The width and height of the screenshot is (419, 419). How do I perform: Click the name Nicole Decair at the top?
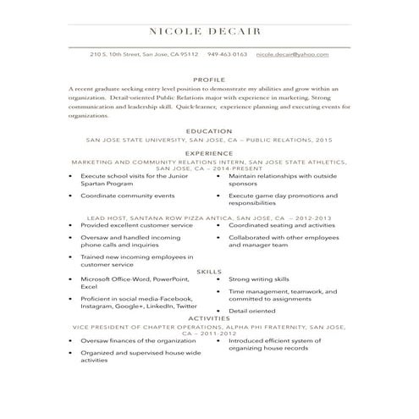coord(209,31)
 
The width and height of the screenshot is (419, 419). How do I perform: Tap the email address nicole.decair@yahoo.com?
coord(292,54)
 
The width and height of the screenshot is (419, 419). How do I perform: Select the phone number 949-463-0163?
coord(227,54)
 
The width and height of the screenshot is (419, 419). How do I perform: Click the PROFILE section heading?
coord(209,78)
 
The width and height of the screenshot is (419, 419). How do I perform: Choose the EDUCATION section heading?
coord(209,131)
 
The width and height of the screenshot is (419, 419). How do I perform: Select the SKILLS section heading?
coord(209,271)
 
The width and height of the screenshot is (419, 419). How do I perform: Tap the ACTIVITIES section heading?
coord(209,318)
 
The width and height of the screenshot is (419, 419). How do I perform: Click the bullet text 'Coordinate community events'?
coord(127,196)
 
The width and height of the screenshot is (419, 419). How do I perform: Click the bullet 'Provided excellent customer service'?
coord(136,226)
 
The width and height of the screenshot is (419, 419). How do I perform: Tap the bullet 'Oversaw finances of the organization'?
coord(137,340)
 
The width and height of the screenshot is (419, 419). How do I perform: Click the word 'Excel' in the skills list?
coord(88,287)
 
